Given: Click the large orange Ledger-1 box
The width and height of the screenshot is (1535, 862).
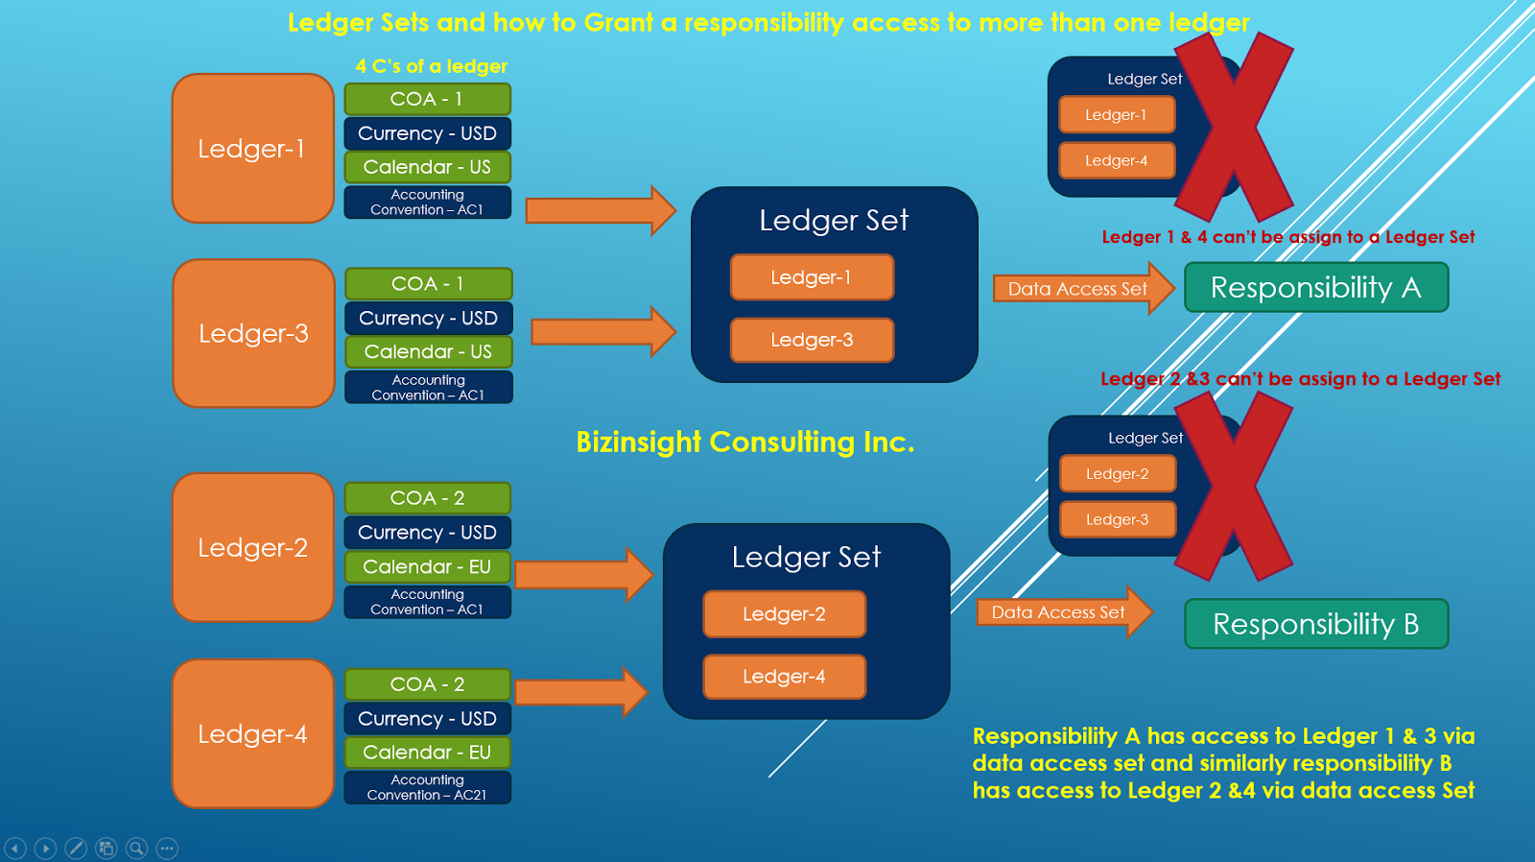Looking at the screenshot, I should tap(252, 149).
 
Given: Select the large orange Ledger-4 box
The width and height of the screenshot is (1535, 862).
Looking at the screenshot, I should tap(252, 733).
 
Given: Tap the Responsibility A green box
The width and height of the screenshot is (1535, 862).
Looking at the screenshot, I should tap(1315, 287).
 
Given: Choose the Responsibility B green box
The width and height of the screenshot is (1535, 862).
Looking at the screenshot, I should tap(1315, 624).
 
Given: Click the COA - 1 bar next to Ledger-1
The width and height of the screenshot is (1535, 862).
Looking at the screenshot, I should tap(427, 99).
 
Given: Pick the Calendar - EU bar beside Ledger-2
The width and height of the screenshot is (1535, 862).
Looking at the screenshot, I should tap(427, 566).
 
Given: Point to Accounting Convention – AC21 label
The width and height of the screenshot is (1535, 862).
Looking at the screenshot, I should tap(427, 787).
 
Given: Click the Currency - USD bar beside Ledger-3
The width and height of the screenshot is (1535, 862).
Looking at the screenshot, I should tap(428, 318).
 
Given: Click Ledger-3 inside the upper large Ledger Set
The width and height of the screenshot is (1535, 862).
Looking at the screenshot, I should tap(812, 340).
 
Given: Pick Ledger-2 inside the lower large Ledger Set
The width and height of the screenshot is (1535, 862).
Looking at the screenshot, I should tap(784, 614).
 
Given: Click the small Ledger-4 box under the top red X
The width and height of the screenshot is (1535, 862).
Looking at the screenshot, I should tap(1116, 160).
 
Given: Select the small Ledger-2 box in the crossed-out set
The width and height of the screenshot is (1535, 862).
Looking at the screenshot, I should tap(1117, 473).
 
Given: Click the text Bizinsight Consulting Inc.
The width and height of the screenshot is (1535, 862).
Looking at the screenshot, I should tap(744, 442).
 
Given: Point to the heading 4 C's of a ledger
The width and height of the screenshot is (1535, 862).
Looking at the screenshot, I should tap(431, 66).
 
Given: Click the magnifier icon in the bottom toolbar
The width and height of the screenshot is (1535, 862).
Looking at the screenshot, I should tap(137, 848).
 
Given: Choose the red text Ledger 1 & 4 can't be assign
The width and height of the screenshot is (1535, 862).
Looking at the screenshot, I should tap(1287, 237).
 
